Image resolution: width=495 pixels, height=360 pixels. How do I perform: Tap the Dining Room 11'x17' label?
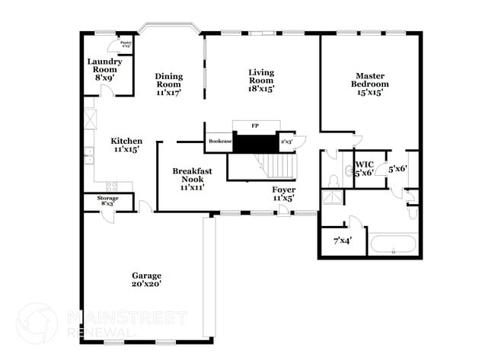tap(168, 84)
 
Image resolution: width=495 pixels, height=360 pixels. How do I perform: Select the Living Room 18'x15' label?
tap(260, 80)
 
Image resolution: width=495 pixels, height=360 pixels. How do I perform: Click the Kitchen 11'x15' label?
tap(126, 145)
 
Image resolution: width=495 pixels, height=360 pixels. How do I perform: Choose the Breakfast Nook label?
tap(191, 178)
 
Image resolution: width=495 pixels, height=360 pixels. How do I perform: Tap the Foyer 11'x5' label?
tap(284, 193)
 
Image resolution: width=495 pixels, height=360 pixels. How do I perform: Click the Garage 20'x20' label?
tap(146, 279)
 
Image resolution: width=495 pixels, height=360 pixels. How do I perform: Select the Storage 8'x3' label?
tap(107, 201)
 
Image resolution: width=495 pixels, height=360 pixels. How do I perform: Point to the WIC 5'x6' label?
tap(364, 167)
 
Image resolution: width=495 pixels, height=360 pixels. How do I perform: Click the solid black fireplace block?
tap(255, 142)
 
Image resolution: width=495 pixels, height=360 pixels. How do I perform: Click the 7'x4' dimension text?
tap(342, 241)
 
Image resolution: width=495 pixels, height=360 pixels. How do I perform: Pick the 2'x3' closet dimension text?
tap(287, 142)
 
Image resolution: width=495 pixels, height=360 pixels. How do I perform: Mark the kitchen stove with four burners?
tap(113, 186)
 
